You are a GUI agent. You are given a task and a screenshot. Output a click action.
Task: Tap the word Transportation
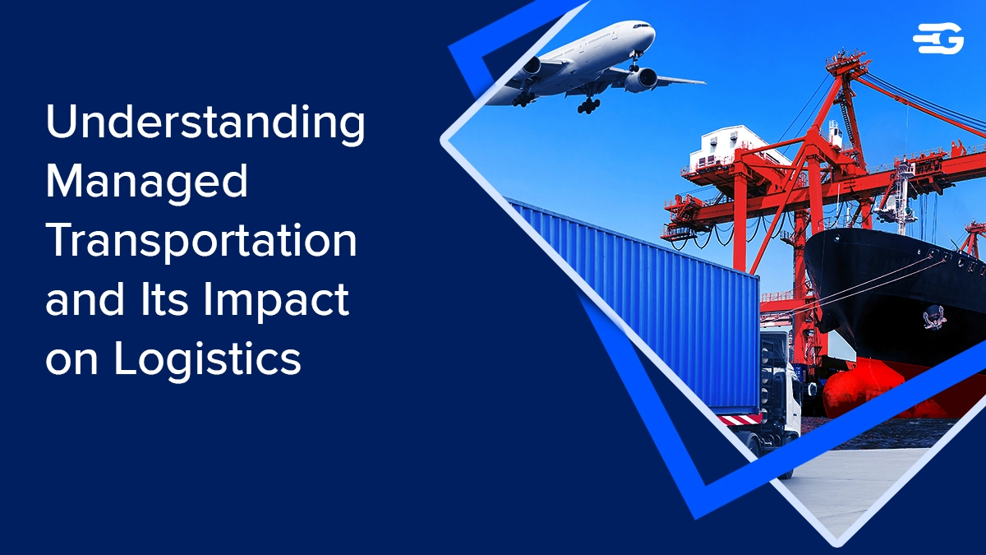(201, 242)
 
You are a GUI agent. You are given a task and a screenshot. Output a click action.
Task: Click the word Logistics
(207, 359)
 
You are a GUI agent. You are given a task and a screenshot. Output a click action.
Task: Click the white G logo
(938, 39)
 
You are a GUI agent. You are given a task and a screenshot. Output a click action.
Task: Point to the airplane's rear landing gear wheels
(589, 106)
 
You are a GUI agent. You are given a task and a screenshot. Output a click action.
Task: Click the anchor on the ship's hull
(933, 317)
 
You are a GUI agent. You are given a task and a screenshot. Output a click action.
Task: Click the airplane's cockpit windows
(641, 26)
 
